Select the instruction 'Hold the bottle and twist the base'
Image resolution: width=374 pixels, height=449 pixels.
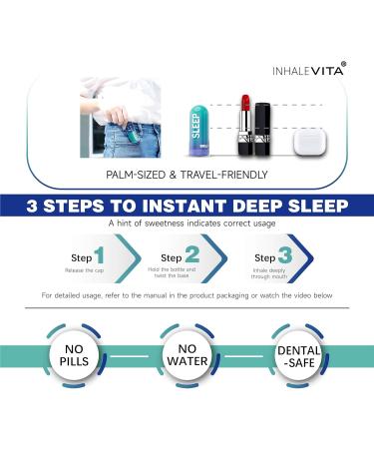tap(178, 272)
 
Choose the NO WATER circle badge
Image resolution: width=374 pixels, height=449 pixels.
tap(187, 357)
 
